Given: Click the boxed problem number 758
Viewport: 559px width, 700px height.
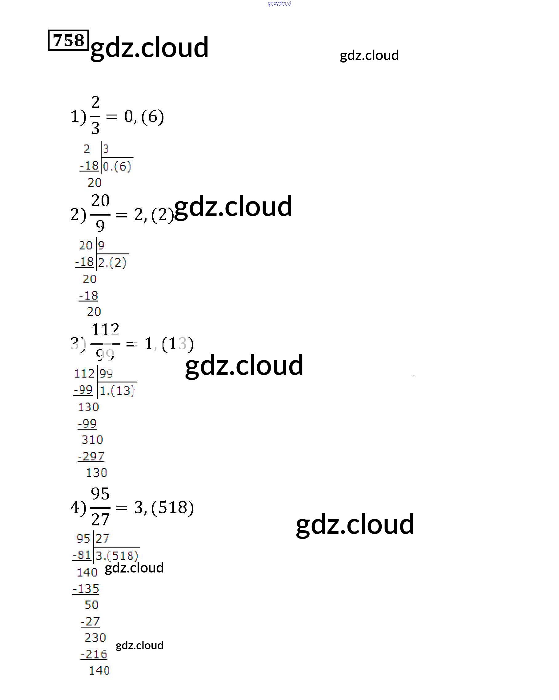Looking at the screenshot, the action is click(x=68, y=40).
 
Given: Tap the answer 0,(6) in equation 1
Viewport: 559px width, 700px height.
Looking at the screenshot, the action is click(x=144, y=116).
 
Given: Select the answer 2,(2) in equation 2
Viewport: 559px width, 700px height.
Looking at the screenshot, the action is click(x=154, y=215).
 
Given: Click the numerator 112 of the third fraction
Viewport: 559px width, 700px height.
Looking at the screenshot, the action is click(x=106, y=330).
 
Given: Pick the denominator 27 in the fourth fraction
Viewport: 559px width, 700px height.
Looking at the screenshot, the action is click(x=100, y=520).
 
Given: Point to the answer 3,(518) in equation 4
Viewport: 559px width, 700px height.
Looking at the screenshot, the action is click(x=164, y=507).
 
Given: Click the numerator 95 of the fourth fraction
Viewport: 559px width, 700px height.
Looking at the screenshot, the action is click(x=100, y=494).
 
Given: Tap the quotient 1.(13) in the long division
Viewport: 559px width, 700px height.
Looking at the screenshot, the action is click(x=117, y=390).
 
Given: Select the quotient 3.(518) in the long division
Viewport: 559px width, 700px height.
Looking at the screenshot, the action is click(x=117, y=556).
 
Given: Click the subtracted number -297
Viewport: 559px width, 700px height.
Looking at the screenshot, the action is click(x=91, y=456).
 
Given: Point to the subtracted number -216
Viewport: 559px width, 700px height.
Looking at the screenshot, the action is click(x=94, y=654).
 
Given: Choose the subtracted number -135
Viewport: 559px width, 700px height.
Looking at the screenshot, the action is click(x=86, y=589).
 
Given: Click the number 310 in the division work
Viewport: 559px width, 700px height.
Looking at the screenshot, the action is click(x=92, y=439).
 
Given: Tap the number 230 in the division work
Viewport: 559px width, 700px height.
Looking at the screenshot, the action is click(x=95, y=638).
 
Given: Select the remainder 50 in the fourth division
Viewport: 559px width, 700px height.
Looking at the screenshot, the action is click(x=91, y=605).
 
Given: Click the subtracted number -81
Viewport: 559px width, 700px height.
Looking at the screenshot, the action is click(x=82, y=555).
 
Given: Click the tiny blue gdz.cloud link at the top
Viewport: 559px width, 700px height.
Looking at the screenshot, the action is click(x=279, y=3).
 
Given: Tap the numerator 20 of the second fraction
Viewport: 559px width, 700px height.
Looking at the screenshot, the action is click(x=100, y=201).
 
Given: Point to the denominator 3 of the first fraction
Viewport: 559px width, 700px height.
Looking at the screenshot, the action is click(x=95, y=128).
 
